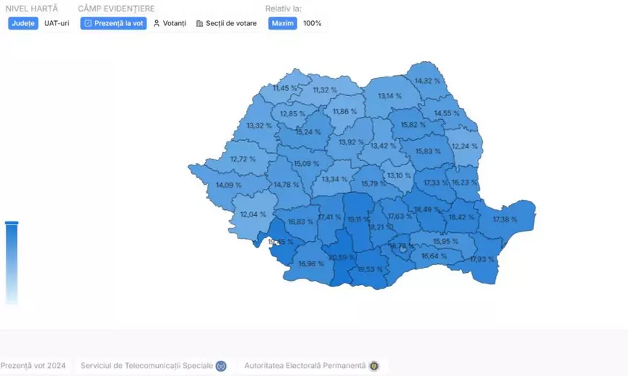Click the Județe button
click(x=23, y=23)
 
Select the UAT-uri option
click(x=56, y=23)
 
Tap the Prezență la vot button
click(x=113, y=23)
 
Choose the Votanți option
click(x=170, y=23)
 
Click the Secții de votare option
click(x=227, y=23)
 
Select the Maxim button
click(x=282, y=23)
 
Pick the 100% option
click(x=313, y=23)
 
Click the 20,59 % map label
click(x=341, y=257)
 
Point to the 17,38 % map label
click(x=505, y=219)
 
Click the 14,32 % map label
click(x=427, y=81)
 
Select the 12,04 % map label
click(x=253, y=214)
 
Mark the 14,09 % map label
click(x=229, y=185)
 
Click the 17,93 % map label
click(x=482, y=259)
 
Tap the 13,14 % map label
click(x=390, y=96)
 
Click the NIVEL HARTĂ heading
click(x=32, y=9)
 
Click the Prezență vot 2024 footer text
click(x=33, y=366)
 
